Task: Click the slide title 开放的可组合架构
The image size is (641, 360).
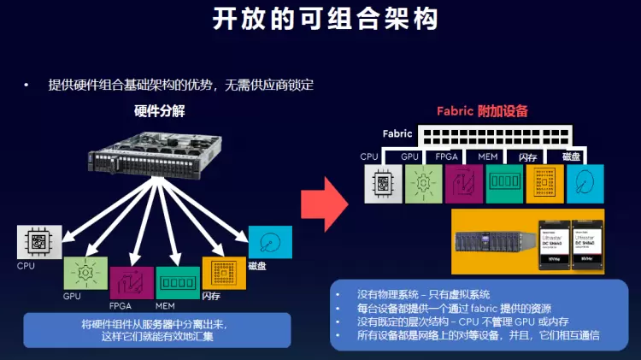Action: [x=320, y=19]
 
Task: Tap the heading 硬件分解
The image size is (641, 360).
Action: [x=160, y=110]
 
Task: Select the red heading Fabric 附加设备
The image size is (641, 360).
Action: [x=482, y=111]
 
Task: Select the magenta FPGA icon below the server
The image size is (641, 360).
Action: [x=132, y=283]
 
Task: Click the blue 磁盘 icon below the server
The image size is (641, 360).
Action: [x=270, y=242]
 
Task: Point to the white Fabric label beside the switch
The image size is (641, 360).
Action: [x=397, y=134]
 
